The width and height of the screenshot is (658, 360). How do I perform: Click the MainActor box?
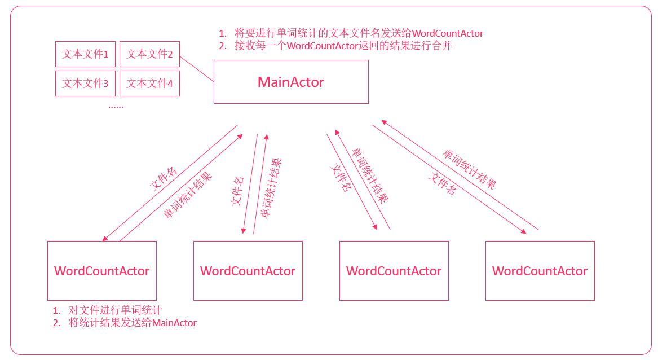(x=292, y=82)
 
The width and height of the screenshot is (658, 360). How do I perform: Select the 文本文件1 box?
(x=85, y=54)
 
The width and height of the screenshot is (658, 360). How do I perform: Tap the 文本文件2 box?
(x=150, y=54)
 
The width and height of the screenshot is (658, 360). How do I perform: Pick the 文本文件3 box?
(x=85, y=84)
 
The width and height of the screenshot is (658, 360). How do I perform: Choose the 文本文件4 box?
(x=150, y=84)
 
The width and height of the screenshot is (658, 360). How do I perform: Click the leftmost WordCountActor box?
(x=102, y=270)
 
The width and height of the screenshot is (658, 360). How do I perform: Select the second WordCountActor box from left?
(x=248, y=270)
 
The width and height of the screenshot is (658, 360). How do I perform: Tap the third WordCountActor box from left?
(x=394, y=270)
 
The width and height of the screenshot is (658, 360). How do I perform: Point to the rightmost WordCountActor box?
(x=540, y=270)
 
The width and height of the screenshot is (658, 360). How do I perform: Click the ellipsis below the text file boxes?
(x=116, y=107)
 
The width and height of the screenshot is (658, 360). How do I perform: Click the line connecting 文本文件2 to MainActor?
(x=197, y=69)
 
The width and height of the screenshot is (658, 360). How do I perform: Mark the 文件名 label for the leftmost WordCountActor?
(x=164, y=178)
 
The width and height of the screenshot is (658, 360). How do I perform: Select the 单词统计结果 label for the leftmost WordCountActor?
(x=188, y=195)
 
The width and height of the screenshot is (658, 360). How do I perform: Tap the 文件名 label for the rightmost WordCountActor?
(x=442, y=184)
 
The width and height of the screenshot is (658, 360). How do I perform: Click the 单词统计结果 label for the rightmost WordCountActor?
(x=470, y=169)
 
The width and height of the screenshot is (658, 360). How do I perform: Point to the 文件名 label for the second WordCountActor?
(x=237, y=191)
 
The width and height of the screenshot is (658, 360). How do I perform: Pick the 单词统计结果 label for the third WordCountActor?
(x=370, y=175)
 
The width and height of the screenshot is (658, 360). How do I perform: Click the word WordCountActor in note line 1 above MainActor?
(x=448, y=33)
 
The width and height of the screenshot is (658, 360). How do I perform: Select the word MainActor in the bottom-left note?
(x=174, y=323)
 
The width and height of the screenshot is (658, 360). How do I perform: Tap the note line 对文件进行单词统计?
(x=115, y=310)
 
